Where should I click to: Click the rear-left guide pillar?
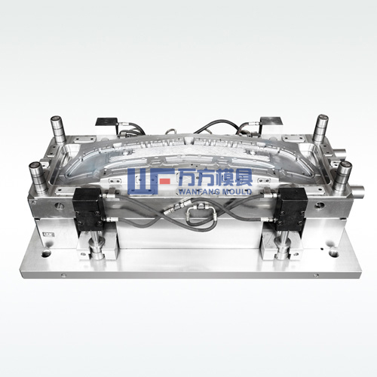(58, 130)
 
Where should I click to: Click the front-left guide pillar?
(38, 176)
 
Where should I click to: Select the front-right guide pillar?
(343, 176)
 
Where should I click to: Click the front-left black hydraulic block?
(88, 209)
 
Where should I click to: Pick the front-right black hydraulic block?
(291, 209)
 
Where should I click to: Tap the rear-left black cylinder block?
(106, 122)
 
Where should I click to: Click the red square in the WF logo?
(165, 181)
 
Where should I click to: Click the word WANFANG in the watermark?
(198, 192)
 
